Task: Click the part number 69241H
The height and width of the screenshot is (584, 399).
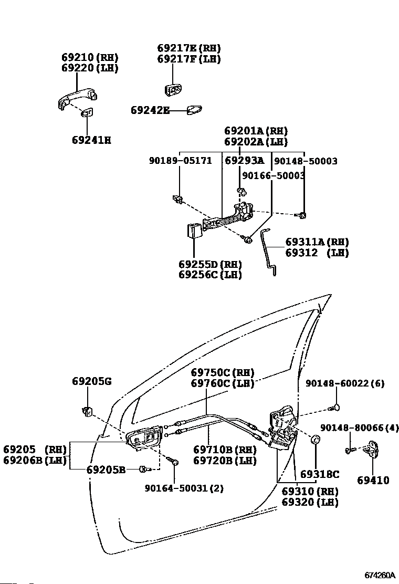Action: click(x=91, y=140)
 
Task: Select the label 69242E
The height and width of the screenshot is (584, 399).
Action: click(x=150, y=110)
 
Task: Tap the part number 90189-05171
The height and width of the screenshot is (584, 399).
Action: click(x=180, y=161)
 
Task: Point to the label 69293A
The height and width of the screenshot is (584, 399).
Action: click(x=244, y=161)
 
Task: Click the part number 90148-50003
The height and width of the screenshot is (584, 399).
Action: click(x=306, y=161)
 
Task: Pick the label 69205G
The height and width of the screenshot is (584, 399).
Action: click(x=92, y=381)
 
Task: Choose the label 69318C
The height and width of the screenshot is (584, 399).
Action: click(x=320, y=474)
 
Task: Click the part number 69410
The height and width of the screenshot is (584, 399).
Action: click(x=373, y=480)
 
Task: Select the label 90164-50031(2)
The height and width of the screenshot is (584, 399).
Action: click(x=184, y=488)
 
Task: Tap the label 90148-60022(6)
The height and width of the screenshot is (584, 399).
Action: click(x=344, y=383)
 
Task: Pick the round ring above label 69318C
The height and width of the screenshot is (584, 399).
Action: click(x=317, y=440)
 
